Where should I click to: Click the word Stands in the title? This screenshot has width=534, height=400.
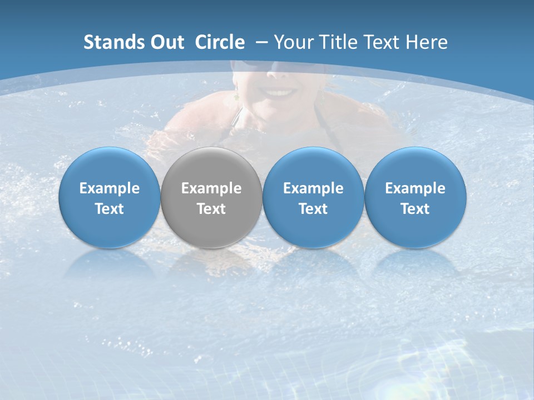click(113, 42)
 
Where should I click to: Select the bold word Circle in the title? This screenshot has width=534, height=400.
click(220, 42)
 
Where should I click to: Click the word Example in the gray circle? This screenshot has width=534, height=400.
click(211, 188)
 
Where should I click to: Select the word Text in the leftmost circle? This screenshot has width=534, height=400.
click(109, 209)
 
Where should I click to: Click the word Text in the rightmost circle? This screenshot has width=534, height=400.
click(415, 209)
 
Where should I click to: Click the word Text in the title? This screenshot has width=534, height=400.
click(383, 42)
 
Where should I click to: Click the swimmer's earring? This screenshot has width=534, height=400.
click(236, 96)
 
